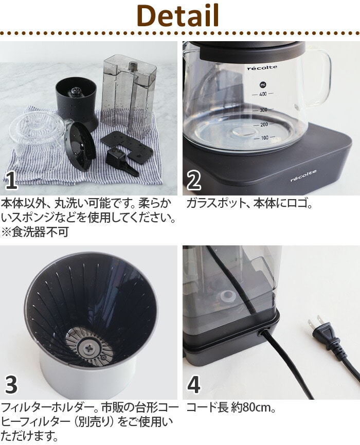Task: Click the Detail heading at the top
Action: click(x=177, y=15)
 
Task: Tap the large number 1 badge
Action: click(x=11, y=181)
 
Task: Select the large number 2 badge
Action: click(x=194, y=181)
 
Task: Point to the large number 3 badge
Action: click(x=11, y=385)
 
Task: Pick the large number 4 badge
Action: click(x=194, y=385)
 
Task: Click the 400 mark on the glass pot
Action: click(x=263, y=94)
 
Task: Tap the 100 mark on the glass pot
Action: click(x=265, y=138)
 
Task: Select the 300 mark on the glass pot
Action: click(x=263, y=110)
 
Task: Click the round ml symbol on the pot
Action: click(x=262, y=84)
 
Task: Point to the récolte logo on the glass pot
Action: click(x=262, y=68)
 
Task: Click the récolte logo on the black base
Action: click(x=303, y=176)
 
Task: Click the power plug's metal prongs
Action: click(x=315, y=323)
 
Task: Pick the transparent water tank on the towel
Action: click(x=129, y=93)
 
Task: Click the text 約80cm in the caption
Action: click(x=253, y=408)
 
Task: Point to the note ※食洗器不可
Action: click(x=35, y=232)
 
